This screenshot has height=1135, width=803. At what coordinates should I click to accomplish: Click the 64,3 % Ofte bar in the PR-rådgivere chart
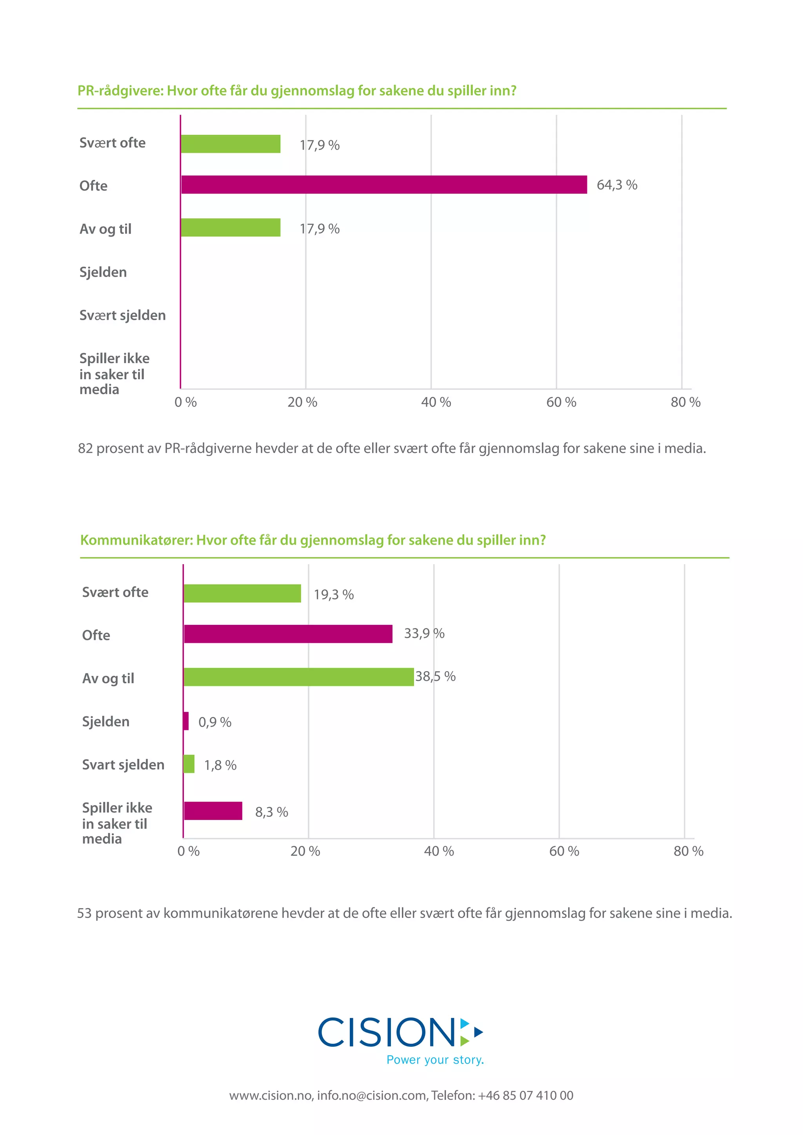(x=384, y=185)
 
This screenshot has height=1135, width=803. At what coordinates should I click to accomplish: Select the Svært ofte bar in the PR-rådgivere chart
(x=231, y=144)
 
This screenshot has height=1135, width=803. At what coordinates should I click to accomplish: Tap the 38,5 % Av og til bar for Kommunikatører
(x=298, y=677)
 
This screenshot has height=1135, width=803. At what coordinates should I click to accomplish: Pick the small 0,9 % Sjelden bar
(x=186, y=721)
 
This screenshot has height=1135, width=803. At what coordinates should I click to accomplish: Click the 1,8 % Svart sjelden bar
(x=189, y=764)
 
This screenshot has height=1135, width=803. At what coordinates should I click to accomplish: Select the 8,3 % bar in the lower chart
(x=213, y=811)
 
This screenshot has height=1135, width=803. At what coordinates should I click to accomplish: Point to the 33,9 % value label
(x=424, y=633)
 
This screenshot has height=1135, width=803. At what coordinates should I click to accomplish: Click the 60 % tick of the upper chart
(x=561, y=402)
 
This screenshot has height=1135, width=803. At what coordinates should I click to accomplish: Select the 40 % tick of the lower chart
(x=439, y=851)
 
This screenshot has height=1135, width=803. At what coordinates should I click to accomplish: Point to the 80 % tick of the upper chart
(x=685, y=402)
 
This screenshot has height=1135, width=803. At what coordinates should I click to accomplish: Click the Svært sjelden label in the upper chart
(x=122, y=315)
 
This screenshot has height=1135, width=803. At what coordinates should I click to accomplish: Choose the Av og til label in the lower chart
(x=108, y=678)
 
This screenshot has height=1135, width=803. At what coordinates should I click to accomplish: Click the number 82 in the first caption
(x=85, y=448)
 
